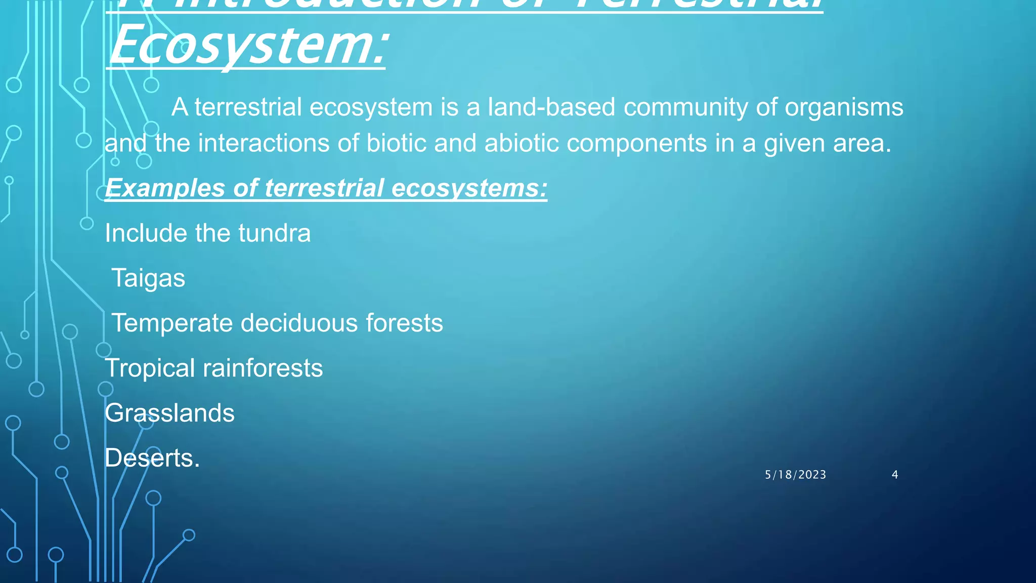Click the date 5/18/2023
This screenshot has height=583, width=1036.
pyautogui.click(x=795, y=475)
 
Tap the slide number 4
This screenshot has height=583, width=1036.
pyautogui.click(x=895, y=475)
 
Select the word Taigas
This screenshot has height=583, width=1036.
pyautogui.click(x=148, y=278)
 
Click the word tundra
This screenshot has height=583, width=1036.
pyautogui.click(x=274, y=233)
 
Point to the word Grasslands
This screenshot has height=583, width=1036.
pyautogui.click(x=169, y=413)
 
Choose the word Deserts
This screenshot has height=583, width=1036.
pyautogui.click(x=152, y=458)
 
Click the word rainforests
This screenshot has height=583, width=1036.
pyautogui.click(x=263, y=368)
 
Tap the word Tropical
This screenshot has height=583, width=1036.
pyautogui.click(x=150, y=368)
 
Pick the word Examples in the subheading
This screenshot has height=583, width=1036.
pyautogui.click(x=165, y=188)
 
